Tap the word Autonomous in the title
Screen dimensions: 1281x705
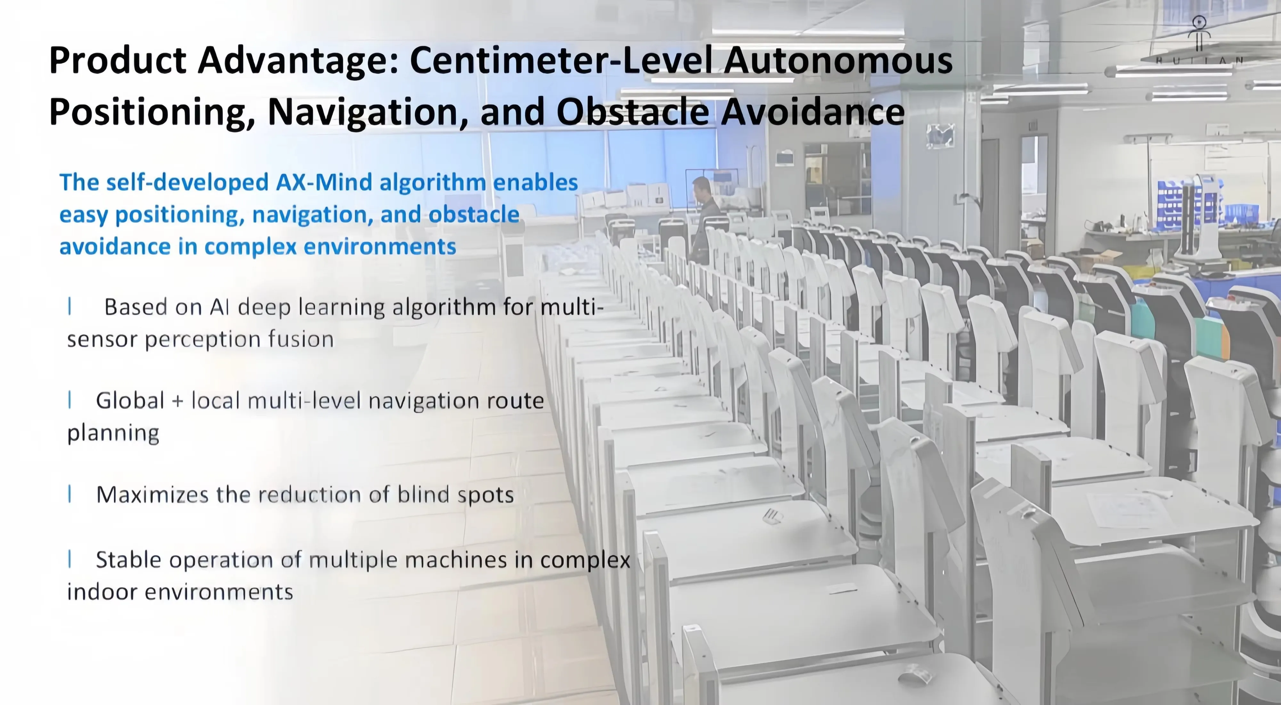[838, 60]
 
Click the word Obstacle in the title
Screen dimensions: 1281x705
[632, 112]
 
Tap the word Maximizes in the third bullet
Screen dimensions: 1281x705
[152, 495]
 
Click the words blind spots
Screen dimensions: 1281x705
[455, 495]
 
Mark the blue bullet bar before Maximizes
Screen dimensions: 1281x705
[69, 494]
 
